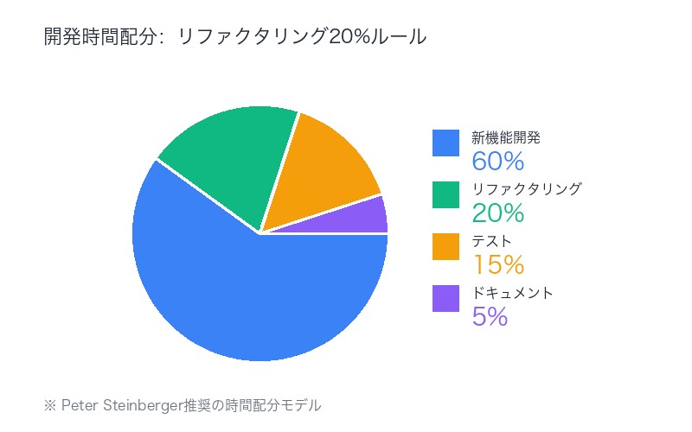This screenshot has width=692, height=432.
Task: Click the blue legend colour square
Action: [445, 143]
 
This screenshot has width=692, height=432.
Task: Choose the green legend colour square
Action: [445, 194]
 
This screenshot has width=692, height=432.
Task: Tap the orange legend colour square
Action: [445, 246]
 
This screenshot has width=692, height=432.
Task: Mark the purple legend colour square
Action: [445, 298]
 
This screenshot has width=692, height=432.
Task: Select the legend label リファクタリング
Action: [526, 188]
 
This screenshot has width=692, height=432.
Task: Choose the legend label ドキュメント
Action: [512, 292]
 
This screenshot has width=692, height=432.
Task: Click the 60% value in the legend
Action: [498, 161]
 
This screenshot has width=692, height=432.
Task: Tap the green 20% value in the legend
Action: [498, 213]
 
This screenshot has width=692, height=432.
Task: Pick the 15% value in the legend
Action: [498, 264]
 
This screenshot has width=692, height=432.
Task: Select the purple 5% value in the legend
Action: [490, 316]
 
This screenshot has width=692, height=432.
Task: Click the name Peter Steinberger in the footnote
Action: [123, 404]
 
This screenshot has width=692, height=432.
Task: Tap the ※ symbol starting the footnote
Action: [49, 404]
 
